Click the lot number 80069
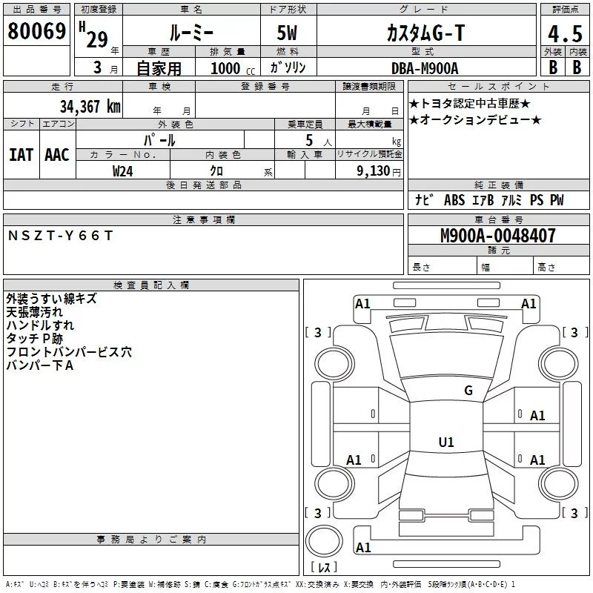pyautogui.click(x=36, y=31)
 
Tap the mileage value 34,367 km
pyautogui.click(x=90, y=106)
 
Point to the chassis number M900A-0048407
pyautogui.click(x=497, y=236)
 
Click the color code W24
pyautogui.click(x=123, y=170)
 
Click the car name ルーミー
pyautogui.click(x=191, y=33)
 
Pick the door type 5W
pyautogui.click(x=288, y=33)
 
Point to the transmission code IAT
pyautogui.click(x=21, y=154)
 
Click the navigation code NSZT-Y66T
pyautogui.click(x=61, y=235)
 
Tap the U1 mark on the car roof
pyautogui.click(x=445, y=443)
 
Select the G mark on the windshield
pyautogui.click(x=468, y=391)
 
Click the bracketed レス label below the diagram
pyautogui.click(x=324, y=567)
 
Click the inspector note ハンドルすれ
pyautogui.click(x=40, y=325)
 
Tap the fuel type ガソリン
pyautogui.click(x=288, y=68)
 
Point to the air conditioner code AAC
pyautogui.click(x=57, y=154)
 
